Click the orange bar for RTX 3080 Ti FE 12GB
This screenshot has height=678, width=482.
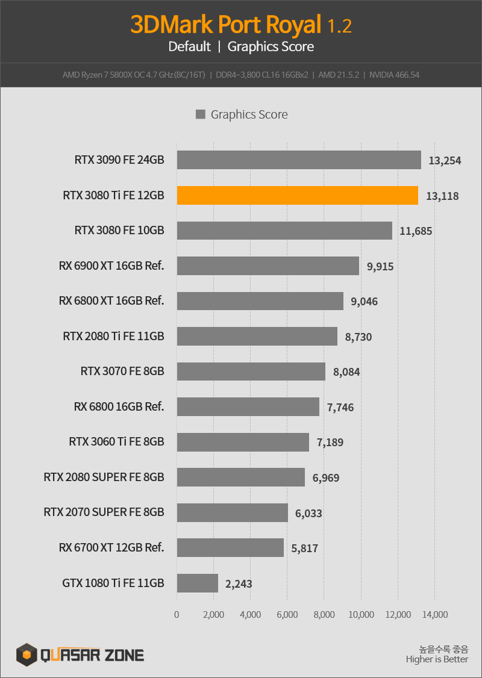[298, 196]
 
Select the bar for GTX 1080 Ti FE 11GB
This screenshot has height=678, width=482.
[197, 583]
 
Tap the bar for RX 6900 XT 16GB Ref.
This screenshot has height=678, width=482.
[268, 266]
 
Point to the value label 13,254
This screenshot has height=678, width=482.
[445, 161]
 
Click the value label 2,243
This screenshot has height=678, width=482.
[239, 584]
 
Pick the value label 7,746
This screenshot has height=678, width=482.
[340, 408]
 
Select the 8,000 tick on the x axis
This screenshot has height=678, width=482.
[324, 614]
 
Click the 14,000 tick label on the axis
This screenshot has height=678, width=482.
[435, 614]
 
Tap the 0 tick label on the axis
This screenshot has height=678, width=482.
[177, 614]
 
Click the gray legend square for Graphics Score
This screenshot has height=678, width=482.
[200, 114]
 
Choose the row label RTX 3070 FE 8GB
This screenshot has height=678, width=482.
[122, 371]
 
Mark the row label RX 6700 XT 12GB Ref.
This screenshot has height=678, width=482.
[111, 547]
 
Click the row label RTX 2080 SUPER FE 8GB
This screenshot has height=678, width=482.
[104, 477]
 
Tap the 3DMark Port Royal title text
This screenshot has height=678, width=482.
[226, 25]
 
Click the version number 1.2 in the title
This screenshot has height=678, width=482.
[339, 26]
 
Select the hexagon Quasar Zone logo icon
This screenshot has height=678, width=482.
[27, 655]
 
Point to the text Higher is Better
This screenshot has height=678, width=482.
[437, 659]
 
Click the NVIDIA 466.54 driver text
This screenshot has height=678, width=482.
[394, 75]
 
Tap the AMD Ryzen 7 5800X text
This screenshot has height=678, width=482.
[98, 75]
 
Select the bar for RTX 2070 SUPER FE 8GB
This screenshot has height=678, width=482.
[233, 512]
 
